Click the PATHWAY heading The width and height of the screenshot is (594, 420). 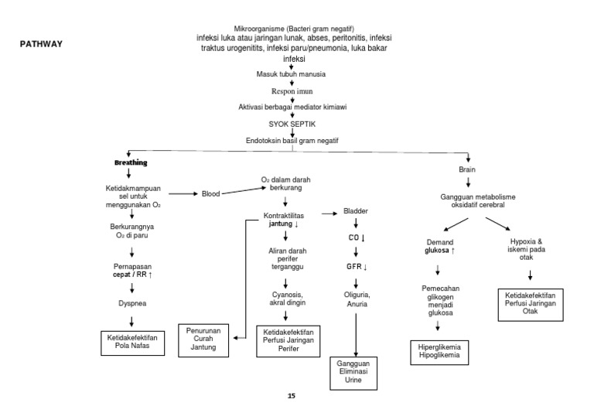point(40,44)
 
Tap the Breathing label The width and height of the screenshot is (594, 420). point(131,163)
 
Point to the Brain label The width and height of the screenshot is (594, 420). point(468,169)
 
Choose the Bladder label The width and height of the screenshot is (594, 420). point(356,210)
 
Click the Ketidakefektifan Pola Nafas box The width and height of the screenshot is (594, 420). point(131,341)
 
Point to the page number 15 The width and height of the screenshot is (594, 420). point(291,396)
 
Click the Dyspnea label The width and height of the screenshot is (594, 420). point(131,303)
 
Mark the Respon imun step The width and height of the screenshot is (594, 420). point(292,90)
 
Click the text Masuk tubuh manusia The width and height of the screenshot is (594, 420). point(291,74)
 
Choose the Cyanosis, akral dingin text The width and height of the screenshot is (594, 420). point(285,299)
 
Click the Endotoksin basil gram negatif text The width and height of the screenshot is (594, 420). point(292,139)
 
